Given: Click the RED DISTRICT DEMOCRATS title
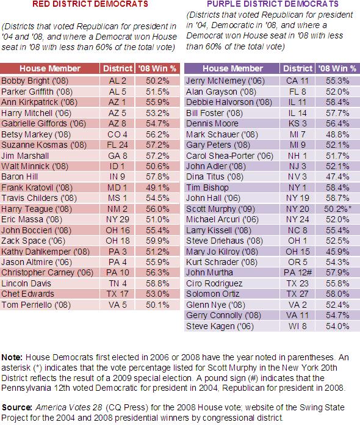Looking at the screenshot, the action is (x=90, y=4).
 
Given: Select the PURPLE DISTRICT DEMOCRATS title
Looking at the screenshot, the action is (x=273, y=4).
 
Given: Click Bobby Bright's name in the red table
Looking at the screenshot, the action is (x=35, y=81).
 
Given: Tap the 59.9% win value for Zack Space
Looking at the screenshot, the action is (x=157, y=241).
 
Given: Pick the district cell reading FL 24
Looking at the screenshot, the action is (x=117, y=145).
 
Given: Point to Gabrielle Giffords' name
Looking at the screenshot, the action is (x=43, y=123).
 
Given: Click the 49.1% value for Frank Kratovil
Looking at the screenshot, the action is (x=157, y=187).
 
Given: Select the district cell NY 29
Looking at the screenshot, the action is (x=118, y=219).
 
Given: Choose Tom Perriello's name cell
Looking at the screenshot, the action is (x=36, y=305).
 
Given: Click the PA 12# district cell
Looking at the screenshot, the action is (x=298, y=272).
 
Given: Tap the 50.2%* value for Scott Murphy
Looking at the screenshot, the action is (x=338, y=209).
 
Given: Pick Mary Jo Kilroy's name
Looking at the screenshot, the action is (x=222, y=252).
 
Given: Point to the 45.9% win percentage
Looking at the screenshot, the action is (x=337, y=252).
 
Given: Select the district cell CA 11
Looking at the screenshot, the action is (x=297, y=81).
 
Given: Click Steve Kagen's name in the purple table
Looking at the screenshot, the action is (x=220, y=326).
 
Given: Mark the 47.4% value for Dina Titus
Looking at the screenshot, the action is (x=337, y=176).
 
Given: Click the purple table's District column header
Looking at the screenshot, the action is (x=298, y=68).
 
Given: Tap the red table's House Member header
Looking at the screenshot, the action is (x=50, y=68).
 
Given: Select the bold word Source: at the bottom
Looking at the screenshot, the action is (x=17, y=407).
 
